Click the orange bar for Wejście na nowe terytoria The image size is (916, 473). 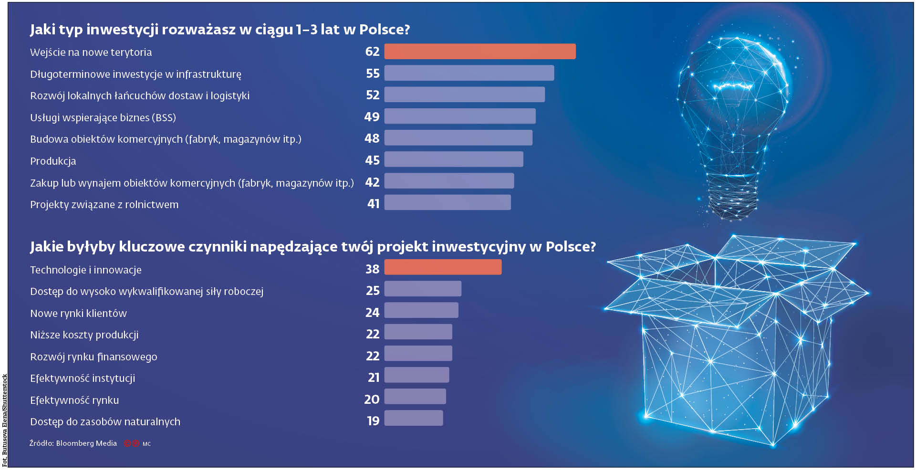479,52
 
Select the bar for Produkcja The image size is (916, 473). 453,159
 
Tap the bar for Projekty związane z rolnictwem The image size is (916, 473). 447,203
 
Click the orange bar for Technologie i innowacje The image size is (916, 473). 443,267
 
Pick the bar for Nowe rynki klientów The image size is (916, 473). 421,311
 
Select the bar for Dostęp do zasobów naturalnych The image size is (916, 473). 413,419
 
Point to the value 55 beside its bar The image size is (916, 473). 373,74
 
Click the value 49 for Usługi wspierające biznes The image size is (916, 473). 372,117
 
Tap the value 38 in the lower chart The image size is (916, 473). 372,269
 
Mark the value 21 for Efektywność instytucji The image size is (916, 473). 373,378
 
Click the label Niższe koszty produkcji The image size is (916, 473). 84,335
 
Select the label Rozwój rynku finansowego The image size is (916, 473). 94,357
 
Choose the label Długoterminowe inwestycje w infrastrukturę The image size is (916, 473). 135,74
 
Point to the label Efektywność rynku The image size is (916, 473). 74,400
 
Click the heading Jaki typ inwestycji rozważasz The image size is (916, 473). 219,30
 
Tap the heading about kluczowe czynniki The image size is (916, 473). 312,247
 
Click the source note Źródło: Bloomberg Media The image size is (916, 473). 73,443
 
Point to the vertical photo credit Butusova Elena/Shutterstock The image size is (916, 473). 5,420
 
